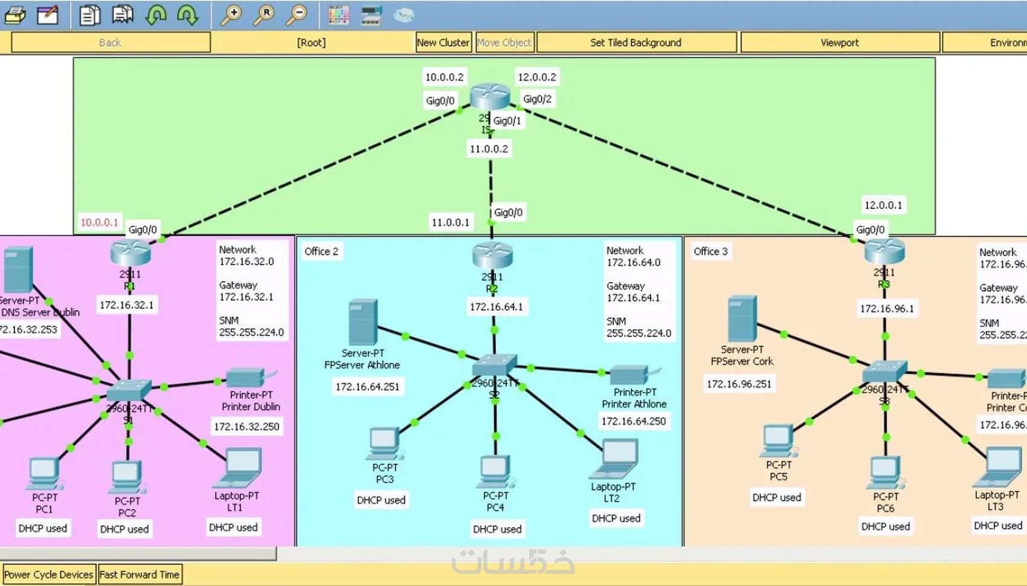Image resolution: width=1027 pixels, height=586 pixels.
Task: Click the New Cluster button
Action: coord(443,42)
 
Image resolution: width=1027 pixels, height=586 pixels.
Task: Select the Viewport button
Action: coord(839,42)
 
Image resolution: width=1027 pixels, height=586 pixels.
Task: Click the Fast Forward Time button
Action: coord(139,575)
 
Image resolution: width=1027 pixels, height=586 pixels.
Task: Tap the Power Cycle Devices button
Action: coord(49,575)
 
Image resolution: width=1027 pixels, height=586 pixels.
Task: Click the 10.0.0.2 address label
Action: coord(444,77)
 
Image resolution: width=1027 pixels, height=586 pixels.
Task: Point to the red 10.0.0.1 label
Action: coord(100,222)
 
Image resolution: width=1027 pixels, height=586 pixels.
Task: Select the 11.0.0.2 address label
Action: coord(489,149)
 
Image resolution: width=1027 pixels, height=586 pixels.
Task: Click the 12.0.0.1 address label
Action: coord(883,205)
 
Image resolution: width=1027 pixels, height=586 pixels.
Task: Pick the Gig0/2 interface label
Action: coord(537,99)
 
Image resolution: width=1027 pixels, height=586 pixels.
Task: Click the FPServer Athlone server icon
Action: coord(363,323)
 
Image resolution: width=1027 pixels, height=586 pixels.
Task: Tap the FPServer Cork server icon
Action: coord(742,319)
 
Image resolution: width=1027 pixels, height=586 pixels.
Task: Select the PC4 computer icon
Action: coord(495,472)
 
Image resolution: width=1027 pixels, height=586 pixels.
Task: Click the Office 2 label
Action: coord(321,251)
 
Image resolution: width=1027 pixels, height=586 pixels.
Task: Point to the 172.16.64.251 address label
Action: coord(367,387)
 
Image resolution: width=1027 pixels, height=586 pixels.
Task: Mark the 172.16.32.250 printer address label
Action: coord(246,427)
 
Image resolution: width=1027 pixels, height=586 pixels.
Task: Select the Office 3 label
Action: coord(710,251)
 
